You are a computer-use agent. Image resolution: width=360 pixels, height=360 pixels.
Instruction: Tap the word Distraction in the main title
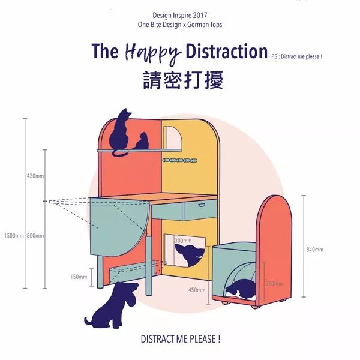(x=226, y=52)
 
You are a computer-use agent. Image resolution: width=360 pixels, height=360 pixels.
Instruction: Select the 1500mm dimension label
(x=13, y=236)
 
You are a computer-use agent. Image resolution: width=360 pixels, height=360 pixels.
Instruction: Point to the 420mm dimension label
(x=35, y=176)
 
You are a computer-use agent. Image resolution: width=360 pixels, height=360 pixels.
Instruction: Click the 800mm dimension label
(x=35, y=236)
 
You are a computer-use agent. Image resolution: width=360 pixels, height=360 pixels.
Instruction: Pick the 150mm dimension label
(x=79, y=277)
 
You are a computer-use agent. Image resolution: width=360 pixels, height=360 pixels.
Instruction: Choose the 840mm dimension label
(x=314, y=250)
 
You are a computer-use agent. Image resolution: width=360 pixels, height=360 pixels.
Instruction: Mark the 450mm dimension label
(x=197, y=290)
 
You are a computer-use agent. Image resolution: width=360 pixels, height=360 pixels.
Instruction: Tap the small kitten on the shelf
(x=142, y=142)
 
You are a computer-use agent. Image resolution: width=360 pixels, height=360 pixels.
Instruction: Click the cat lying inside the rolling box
(x=241, y=289)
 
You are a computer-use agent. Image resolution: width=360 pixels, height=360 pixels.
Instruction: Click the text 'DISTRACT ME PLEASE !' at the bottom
(x=180, y=339)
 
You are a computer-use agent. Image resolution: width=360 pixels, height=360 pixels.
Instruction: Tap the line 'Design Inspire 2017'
(x=180, y=15)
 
